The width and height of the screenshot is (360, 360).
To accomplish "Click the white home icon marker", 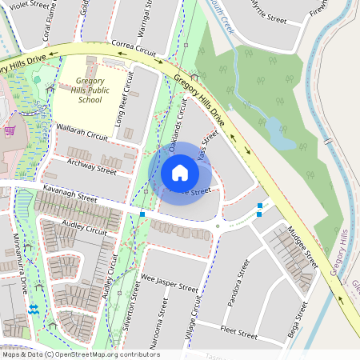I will click(x=180, y=173).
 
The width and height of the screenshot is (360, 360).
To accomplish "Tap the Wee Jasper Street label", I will click(x=169, y=282).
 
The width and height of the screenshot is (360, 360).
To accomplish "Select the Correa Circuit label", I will click(x=134, y=48).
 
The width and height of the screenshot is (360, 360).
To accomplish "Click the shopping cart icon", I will click(x=10, y=130).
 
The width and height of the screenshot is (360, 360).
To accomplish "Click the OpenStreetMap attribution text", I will click(x=80, y=354).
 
